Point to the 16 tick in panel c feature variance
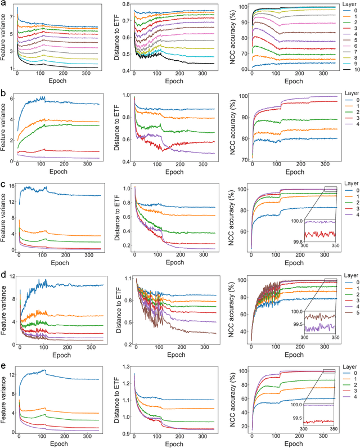[x=11, y=187]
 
